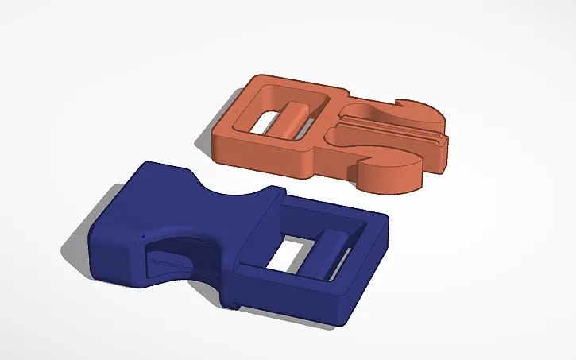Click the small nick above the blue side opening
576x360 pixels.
(x=141, y=236)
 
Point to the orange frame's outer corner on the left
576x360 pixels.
(x=216, y=135)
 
